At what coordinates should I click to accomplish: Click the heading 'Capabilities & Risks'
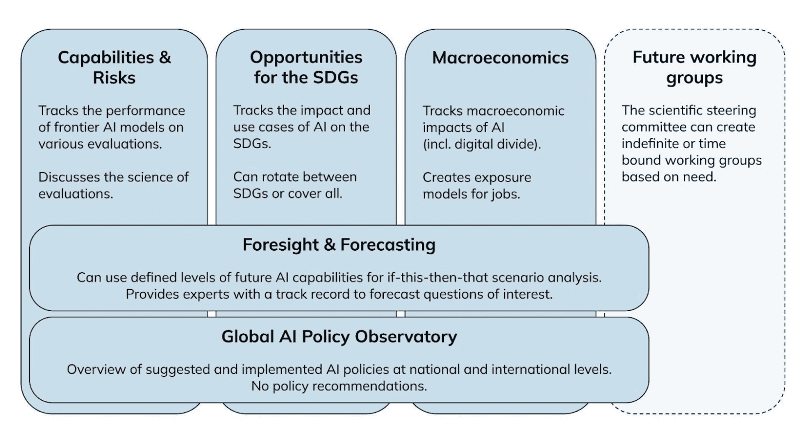coord(114,68)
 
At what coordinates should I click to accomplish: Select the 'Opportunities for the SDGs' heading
coord(306,68)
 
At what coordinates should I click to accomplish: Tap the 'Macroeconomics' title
coord(500,57)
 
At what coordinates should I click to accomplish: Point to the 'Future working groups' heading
coord(695,68)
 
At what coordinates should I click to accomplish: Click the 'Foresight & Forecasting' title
coord(339,245)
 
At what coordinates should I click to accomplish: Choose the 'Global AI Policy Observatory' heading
coord(339,337)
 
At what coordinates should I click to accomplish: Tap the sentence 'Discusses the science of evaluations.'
coord(113,185)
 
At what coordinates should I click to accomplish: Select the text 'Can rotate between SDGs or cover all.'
coord(295,185)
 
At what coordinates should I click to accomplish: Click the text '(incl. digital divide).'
coord(482,145)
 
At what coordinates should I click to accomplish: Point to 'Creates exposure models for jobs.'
coord(477,186)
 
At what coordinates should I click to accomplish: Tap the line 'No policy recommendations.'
coord(339,386)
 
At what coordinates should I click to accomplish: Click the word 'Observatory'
coord(406,337)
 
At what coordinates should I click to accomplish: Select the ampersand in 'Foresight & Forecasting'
coord(330,245)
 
